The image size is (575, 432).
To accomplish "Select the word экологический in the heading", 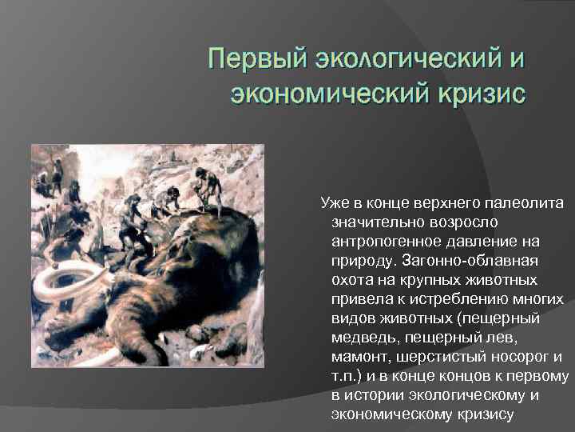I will (410, 60).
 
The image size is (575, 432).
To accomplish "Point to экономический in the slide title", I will (327, 94).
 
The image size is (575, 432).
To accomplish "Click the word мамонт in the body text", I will (358, 357).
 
